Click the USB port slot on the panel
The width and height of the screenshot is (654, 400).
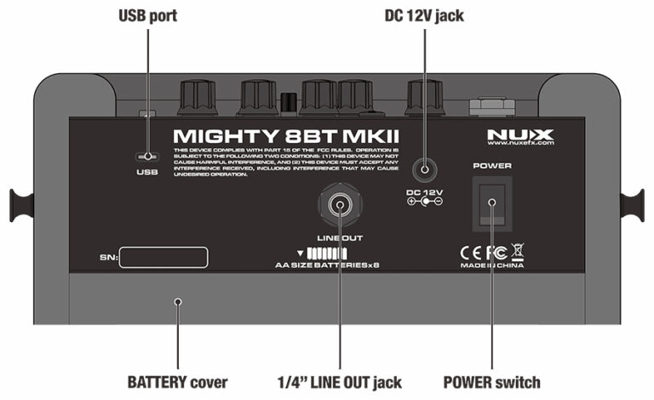tap(148, 157)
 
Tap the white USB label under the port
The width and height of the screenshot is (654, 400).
tap(147, 173)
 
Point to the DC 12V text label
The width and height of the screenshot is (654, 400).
tap(427, 193)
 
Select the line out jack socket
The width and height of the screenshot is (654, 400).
tap(339, 205)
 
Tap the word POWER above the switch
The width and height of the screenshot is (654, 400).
tap(492, 165)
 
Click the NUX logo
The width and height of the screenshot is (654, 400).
tap(520, 134)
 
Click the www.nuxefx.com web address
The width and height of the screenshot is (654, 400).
tap(520, 145)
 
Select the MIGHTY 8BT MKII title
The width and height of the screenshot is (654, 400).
tap(286, 136)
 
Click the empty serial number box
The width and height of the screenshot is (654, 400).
tap(163, 257)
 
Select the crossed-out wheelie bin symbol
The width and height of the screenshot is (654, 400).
tap(518, 252)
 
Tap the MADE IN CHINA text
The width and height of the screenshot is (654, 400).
tap(492, 266)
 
